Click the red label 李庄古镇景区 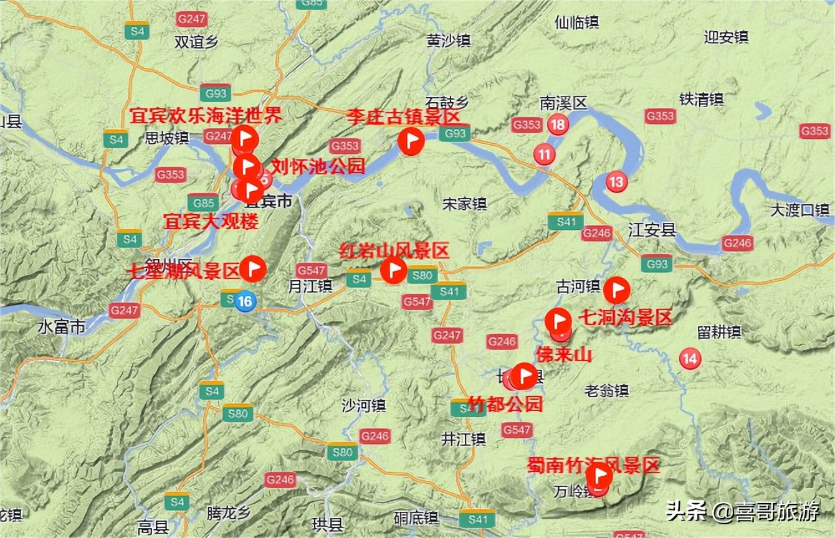(403, 116)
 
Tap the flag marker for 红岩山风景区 (394, 270)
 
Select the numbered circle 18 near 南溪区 (558, 125)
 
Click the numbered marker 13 (616, 182)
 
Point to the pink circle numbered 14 (689, 358)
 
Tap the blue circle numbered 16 (246, 301)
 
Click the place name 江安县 (652, 230)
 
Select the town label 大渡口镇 (799, 210)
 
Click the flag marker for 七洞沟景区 (617, 290)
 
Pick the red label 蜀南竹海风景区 (593, 465)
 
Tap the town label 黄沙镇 (448, 40)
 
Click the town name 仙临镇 (576, 22)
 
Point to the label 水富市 (61, 327)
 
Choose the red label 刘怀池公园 (318, 166)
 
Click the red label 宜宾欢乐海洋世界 (206, 115)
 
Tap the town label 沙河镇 (363, 405)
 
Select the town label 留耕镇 (719, 332)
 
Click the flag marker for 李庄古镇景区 (411, 141)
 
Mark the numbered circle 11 (545, 153)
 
